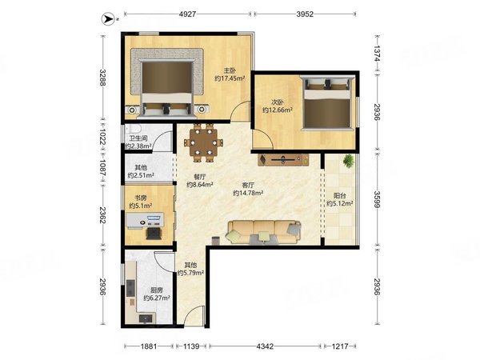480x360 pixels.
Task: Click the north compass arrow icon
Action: pos(106,18)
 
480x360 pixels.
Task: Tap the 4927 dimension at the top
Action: pos(187,14)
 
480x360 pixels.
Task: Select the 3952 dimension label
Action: pos(305,14)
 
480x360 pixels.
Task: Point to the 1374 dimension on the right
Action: pos(377,54)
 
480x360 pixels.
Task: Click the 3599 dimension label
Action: pos(377,199)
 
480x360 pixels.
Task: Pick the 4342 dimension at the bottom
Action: pos(265,346)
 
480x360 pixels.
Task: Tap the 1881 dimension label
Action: pos(149,346)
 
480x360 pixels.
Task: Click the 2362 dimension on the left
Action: pos(103,215)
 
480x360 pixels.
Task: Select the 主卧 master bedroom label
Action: pos(230,70)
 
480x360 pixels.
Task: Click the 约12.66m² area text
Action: pos(278,110)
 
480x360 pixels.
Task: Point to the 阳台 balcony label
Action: pos(339,195)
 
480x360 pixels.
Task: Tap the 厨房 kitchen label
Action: pos(157,290)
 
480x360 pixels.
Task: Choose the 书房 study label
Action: pos(141,198)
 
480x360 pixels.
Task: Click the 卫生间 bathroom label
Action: pos(138,138)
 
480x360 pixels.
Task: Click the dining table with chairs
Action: pos(203,142)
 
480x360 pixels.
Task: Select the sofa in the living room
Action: pos(263,232)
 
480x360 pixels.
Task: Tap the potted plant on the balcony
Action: pos(348,161)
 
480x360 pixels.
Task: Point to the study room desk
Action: pos(145,221)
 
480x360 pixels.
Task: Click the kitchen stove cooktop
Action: pos(130,288)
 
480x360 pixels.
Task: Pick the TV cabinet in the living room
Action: pos(283,160)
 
